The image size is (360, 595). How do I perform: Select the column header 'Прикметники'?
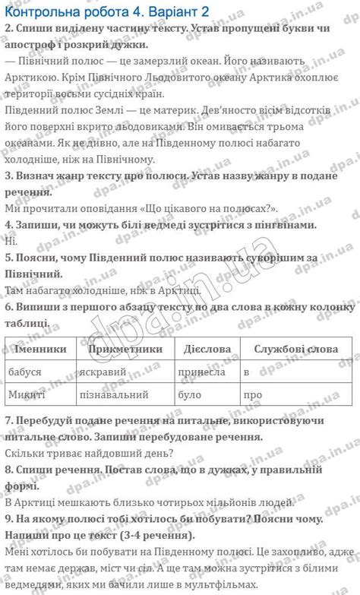[x=125, y=349]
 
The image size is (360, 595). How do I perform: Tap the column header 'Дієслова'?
[x=207, y=349]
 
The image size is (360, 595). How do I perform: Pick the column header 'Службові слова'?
[x=296, y=349]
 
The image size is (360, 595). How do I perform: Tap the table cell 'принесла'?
[x=201, y=372]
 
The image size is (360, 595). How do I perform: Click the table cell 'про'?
[x=252, y=395]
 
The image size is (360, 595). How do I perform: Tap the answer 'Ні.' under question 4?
[x=10, y=241]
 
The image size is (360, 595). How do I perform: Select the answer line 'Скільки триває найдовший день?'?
[x=89, y=454]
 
